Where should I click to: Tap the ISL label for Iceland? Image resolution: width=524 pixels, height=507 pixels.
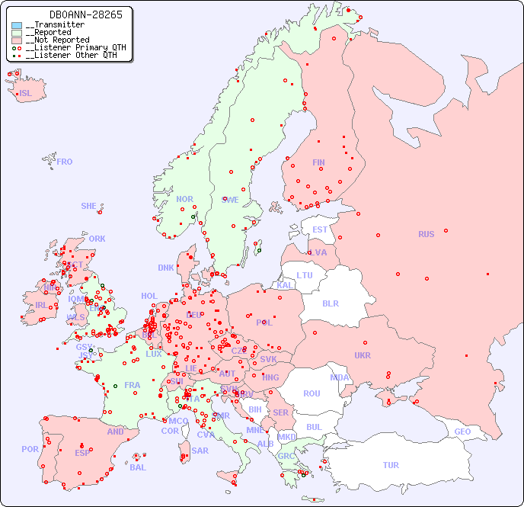pyautogui.click(x=26, y=94)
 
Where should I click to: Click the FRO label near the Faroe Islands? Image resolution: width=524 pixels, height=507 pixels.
pyautogui.click(x=65, y=162)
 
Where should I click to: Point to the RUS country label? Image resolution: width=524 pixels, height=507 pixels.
pyautogui.click(x=426, y=234)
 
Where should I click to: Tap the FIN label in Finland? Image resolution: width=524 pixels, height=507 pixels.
pyautogui.click(x=318, y=162)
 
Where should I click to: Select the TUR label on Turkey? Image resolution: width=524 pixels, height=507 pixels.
pyautogui.click(x=391, y=465)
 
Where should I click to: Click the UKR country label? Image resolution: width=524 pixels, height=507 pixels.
pyautogui.click(x=363, y=355)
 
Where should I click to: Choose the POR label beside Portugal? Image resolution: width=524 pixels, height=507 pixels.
pyautogui.click(x=30, y=449)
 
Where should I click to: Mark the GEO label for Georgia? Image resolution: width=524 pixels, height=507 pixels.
pyautogui.click(x=462, y=432)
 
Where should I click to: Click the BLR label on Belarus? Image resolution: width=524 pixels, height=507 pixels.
pyautogui.click(x=330, y=303)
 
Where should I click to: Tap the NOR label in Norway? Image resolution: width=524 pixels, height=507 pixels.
pyautogui.click(x=184, y=199)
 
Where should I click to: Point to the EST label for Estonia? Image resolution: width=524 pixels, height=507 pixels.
pyautogui.click(x=320, y=229)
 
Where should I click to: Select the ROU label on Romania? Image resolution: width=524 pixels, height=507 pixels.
pyautogui.click(x=312, y=393)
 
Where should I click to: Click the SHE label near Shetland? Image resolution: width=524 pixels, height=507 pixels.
pyautogui.click(x=89, y=206)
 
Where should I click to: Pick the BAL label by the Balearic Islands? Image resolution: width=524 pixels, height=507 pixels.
pyautogui.click(x=138, y=467)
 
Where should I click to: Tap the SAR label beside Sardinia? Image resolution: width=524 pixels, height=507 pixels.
pyautogui.click(x=200, y=451)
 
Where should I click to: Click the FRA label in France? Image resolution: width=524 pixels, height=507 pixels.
pyautogui.click(x=133, y=385)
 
